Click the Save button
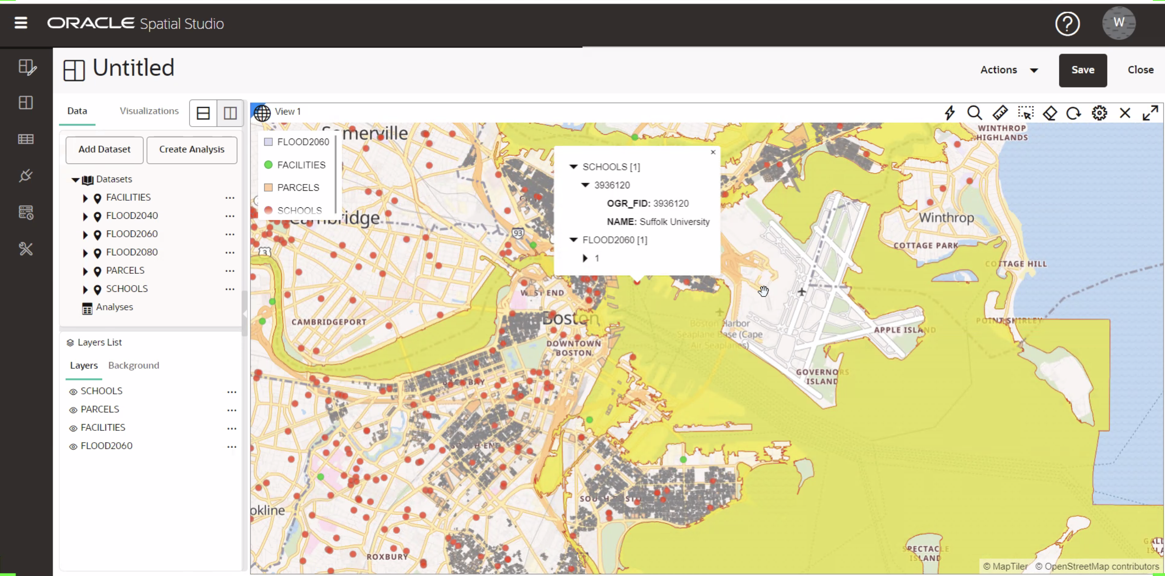click(1082, 70)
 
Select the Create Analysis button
click(192, 149)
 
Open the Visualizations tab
click(149, 111)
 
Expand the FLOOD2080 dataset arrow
click(85, 253)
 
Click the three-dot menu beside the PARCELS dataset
click(230, 271)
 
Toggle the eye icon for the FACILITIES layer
click(73, 428)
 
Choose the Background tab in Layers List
click(134, 365)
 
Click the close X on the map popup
click(713, 152)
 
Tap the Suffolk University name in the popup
click(674, 222)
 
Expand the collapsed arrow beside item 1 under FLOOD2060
click(585, 258)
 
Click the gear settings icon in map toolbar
click(1099, 113)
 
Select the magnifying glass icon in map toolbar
click(974, 113)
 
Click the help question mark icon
click(1067, 23)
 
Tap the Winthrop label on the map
click(946, 218)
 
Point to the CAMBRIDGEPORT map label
click(329, 322)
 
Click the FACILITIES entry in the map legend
click(301, 165)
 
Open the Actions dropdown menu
click(1009, 70)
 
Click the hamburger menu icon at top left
click(21, 23)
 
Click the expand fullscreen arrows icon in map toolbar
click(1150, 113)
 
